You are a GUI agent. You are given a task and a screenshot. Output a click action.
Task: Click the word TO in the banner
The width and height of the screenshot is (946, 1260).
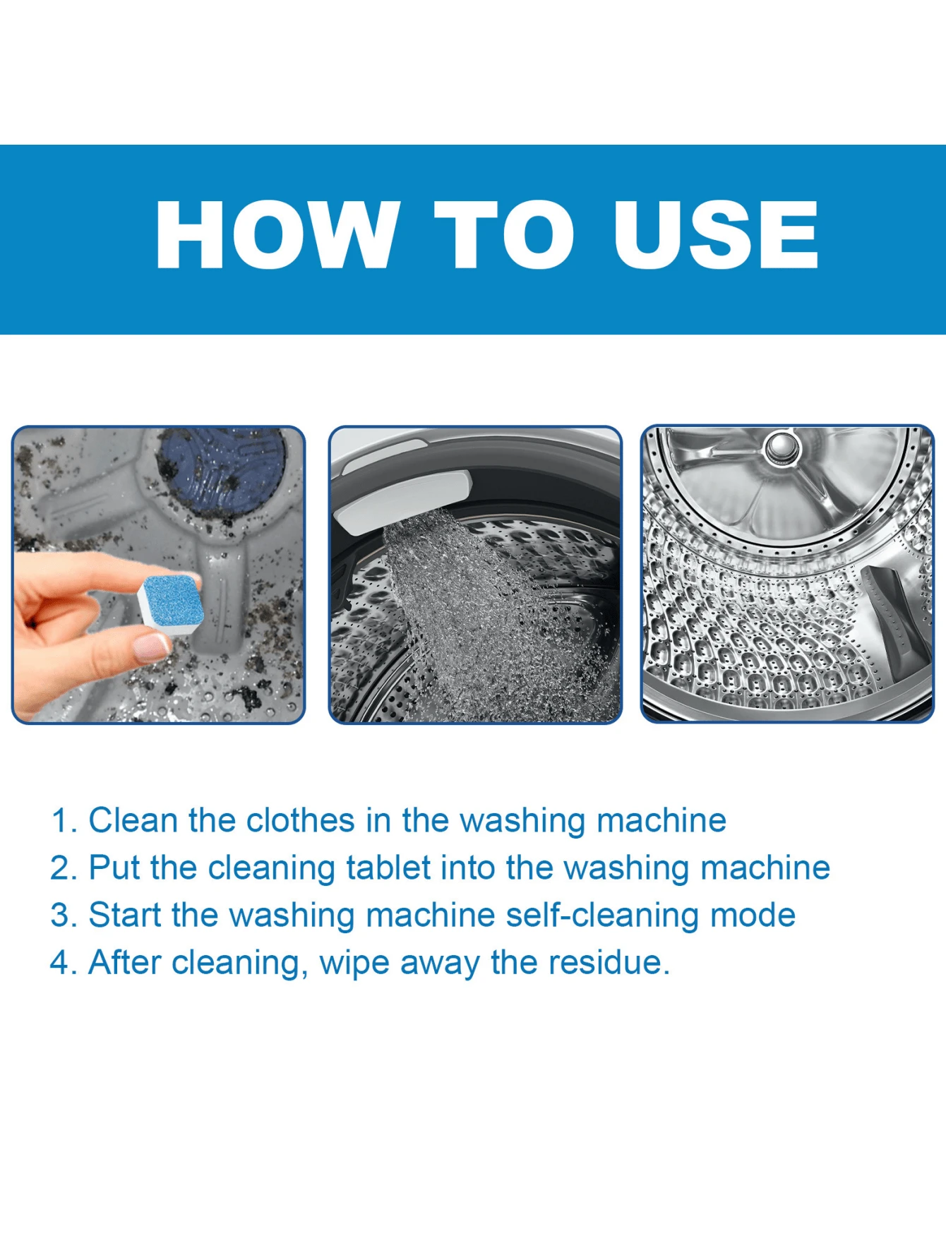click(505, 234)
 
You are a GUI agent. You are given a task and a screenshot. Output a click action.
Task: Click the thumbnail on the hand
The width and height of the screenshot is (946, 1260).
click(151, 647)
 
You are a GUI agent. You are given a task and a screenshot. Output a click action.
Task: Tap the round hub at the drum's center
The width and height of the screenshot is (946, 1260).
click(782, 448)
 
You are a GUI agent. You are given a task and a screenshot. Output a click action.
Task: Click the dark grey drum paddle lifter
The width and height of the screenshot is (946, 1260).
click(894, 621)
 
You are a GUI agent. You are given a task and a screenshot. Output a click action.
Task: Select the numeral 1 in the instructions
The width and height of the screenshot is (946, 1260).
click(61, 821)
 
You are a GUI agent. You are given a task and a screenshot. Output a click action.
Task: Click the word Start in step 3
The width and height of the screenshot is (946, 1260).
click(125, 916)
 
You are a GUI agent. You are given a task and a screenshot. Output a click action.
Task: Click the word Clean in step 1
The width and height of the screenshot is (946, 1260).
click(133, 821)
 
